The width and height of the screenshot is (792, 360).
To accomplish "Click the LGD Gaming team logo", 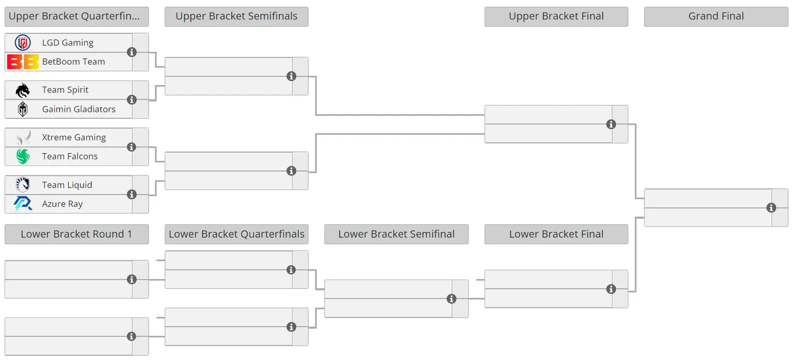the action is (x=23, y=43).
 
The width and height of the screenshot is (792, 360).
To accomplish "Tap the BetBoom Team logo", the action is (x=23, y=62).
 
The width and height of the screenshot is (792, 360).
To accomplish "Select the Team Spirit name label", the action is (x=65, y=90).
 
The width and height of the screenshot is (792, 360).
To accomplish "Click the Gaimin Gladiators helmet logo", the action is (x=23, y=109).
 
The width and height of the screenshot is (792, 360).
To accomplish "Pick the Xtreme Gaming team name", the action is (x=74, y=137).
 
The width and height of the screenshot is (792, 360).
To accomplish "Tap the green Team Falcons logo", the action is (x=23, y=156).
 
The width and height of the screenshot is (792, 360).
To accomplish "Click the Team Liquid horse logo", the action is (x=23, y=185).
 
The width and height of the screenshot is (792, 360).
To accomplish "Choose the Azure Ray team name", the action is (x=62, y=204).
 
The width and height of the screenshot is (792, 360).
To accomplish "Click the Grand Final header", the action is (x=716, y=16).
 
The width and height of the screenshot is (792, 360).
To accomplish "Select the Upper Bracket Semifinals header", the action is (x=236, y=16).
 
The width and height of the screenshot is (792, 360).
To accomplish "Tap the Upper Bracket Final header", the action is (x=556, y=16).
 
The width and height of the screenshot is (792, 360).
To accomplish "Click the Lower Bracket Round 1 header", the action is (x=77, y=234).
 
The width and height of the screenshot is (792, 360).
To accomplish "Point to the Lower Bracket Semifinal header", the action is (x=397, y=234).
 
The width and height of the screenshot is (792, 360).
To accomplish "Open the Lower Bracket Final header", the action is (x=556, y=234).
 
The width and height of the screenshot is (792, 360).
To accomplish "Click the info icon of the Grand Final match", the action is (x=771, y=207).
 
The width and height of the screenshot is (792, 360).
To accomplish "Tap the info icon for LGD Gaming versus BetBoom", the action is (x=132, y=52).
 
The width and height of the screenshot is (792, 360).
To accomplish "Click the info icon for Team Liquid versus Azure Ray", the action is (x=132, y=195).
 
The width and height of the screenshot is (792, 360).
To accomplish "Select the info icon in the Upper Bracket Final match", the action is (x=611, y=124).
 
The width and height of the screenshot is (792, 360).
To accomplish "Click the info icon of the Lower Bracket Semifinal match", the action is (x=451, y=299).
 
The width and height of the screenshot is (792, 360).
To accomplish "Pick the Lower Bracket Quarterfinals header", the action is (x=236, y=234).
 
